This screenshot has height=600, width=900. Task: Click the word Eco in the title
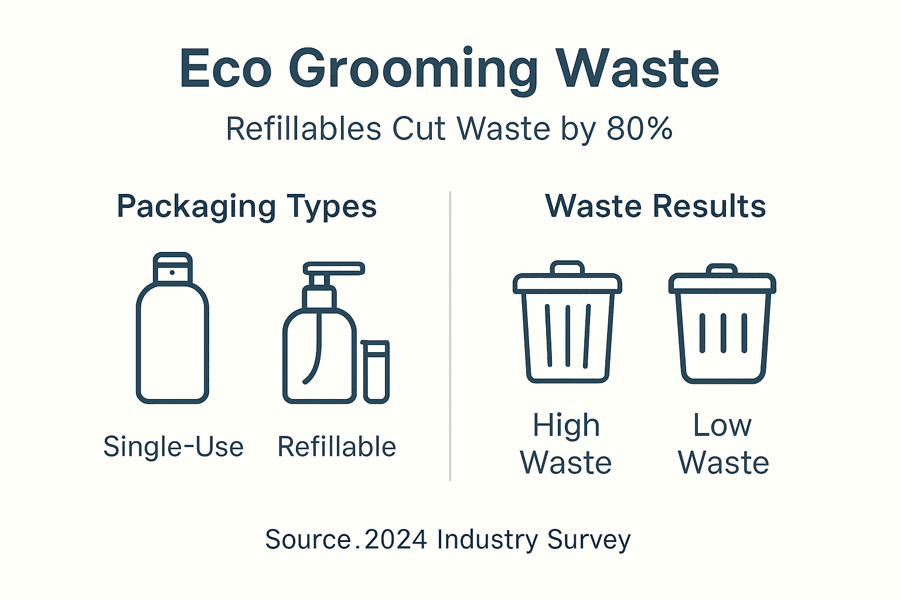(226, 69)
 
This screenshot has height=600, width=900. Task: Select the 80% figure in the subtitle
(639, 129)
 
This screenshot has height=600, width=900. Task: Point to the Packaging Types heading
(247, 207)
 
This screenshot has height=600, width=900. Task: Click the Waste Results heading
(655, 206)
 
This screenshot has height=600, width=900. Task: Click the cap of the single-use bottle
(172, 268)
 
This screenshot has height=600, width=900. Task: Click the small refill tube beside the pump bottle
(376, 371)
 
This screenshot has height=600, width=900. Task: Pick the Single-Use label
(173, 447)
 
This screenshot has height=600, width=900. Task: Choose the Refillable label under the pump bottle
(337, 447)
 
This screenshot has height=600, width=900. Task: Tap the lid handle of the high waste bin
(567, 268)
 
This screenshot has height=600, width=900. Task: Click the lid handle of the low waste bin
(722, 270)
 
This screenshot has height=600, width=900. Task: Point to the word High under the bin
(566, 426)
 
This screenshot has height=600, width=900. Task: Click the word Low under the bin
(722, 425)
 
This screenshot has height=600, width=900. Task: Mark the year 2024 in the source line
(396, 540)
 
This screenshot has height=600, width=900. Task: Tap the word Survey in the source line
(589, 540)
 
